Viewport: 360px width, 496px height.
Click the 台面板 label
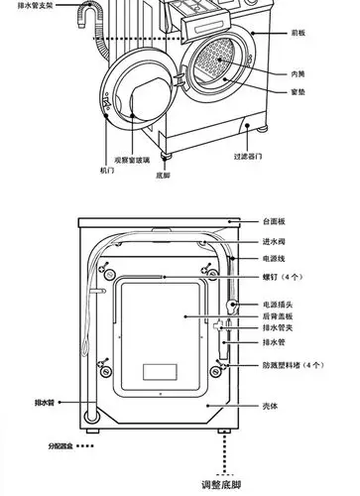point(274,221)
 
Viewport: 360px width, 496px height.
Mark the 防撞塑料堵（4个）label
point(294,366)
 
